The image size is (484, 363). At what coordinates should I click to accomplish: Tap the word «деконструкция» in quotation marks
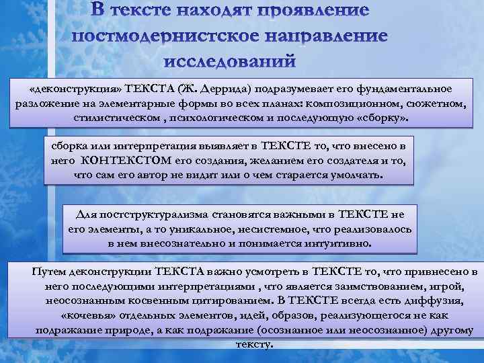point(67,89)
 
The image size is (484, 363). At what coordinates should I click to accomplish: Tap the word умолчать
point(354,175)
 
